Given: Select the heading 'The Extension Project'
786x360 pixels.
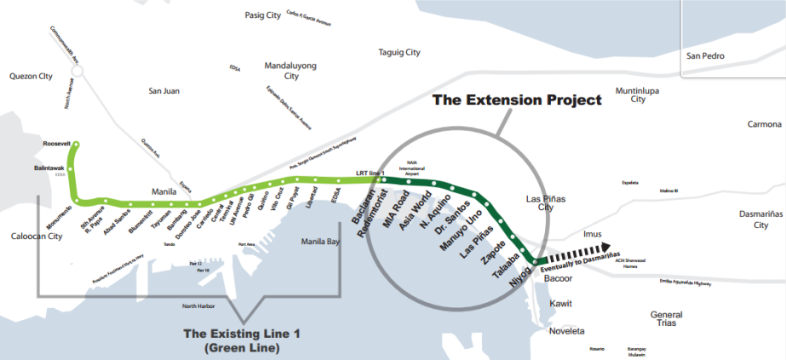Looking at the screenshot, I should tap(517, 100).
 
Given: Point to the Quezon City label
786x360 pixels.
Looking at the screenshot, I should tap(31, 76).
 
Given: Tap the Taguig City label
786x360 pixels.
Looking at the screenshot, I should tap(399, 53).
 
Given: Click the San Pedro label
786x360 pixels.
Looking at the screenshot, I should tap(705, 56).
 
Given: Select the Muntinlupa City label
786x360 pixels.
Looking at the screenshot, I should tap(638, 94).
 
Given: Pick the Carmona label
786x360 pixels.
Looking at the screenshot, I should tap(764, 124).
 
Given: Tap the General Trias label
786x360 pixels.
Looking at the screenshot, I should tap(666, 320).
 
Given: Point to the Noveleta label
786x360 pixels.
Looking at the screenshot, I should tap(568, 331).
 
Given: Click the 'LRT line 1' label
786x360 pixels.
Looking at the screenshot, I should tap(370, 174).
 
